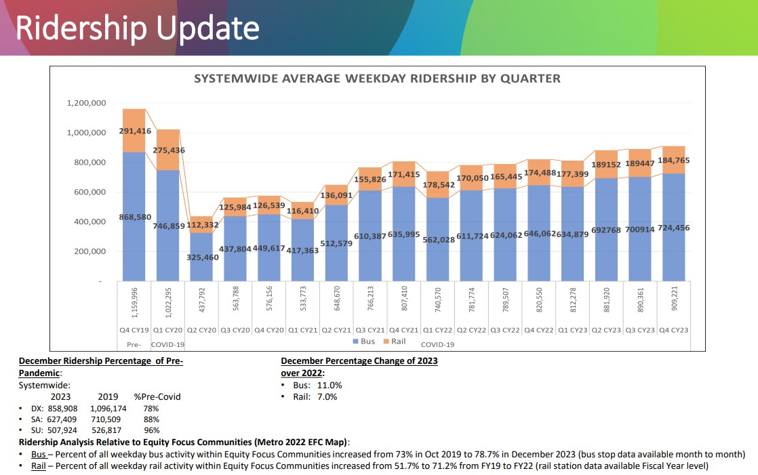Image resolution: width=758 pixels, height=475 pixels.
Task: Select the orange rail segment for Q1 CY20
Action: point(167,150)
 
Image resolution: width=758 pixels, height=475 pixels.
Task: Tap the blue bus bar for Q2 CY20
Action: point(201,257)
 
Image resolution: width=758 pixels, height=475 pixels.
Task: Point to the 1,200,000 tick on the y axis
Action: point(86,103)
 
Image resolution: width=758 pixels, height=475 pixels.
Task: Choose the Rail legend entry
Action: point(394,341)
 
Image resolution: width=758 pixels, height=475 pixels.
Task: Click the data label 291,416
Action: point(135,131)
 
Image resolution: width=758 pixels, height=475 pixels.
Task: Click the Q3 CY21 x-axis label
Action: point(370,330)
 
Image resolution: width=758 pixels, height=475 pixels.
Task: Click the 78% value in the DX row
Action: point(151,409)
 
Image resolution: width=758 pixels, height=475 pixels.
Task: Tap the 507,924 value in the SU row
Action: point(58,431)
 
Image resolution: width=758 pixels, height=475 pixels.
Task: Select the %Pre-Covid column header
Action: point(157,396)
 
